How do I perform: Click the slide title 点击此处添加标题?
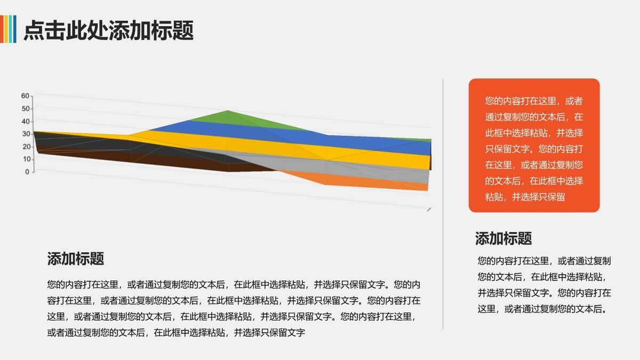108,30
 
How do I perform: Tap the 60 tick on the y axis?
26,96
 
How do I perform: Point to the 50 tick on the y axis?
26,109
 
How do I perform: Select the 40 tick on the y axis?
26,121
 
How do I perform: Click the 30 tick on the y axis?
26,134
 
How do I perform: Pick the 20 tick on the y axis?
26,147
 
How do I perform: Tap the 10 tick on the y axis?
26,159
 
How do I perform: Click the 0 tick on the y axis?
27,172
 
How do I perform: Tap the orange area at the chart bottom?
341,180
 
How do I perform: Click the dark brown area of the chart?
160,160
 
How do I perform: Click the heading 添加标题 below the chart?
75,259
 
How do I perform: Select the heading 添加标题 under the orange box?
503,238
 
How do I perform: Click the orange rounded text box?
534,145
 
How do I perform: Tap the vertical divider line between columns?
443,203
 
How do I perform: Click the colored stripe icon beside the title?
8,29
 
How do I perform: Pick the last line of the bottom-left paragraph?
176,333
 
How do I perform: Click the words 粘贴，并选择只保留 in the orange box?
525,197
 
